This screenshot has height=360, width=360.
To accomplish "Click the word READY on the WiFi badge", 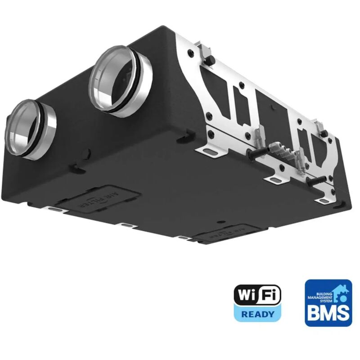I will pos(257,314).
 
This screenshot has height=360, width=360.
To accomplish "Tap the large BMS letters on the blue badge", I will pos(328,311).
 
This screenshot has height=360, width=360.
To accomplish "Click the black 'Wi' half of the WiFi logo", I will pos(247,296).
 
